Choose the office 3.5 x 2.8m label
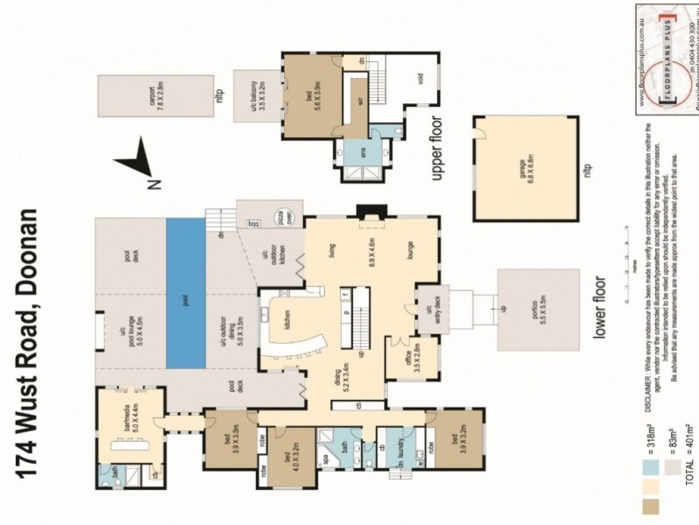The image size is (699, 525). click(415, 358)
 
